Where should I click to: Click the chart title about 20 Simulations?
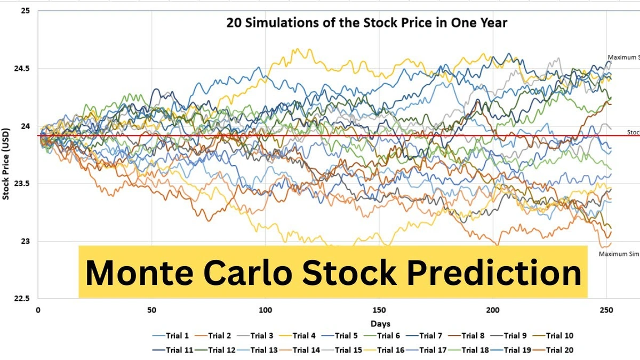tap(367, 23)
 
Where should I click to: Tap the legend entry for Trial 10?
tap(549, 336)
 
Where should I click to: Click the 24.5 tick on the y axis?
tap(23, 69)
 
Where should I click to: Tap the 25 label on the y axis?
tap(26, 11)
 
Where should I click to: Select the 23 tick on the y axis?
tap(26, 241)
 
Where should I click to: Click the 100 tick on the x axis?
tap(266, 310)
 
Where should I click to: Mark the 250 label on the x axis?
tap(606, 310)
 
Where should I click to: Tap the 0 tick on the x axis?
tap(38, 310)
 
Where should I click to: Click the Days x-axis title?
tap(380, 324)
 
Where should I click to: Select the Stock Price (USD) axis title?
tap(6, 163)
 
